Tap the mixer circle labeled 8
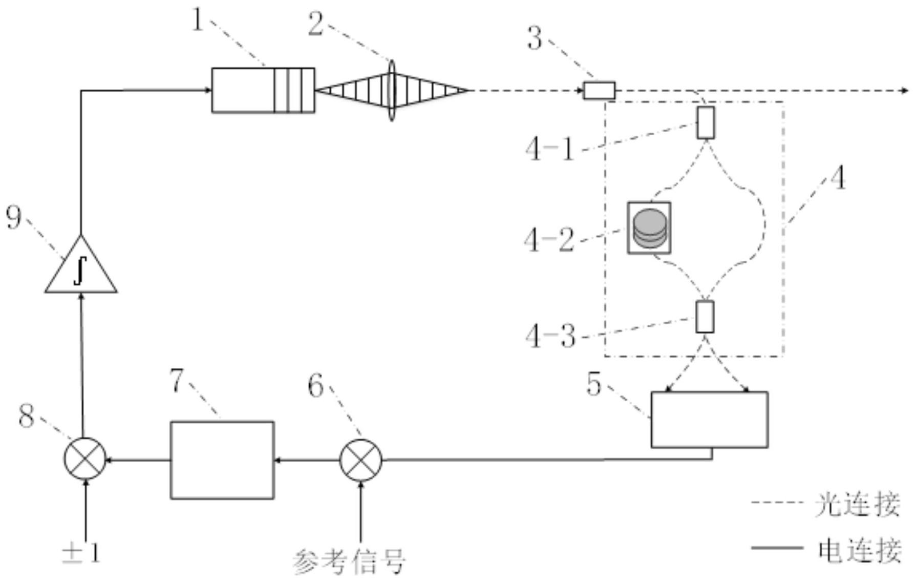click(84, 459)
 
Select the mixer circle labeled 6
click(361, 460)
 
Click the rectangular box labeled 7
click(222, 460)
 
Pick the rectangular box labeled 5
click(709, 419)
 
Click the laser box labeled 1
click(263, 90)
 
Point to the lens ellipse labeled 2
click(392, 91)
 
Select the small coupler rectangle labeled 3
click(600, 91)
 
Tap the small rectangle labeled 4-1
click(706, 123)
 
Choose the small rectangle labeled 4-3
click(705, 317)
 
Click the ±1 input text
click(81, 553)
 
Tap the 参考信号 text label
click(350, 562)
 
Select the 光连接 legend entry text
click(857, 505)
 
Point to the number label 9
click(14, 217)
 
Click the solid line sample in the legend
click(776, 548)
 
